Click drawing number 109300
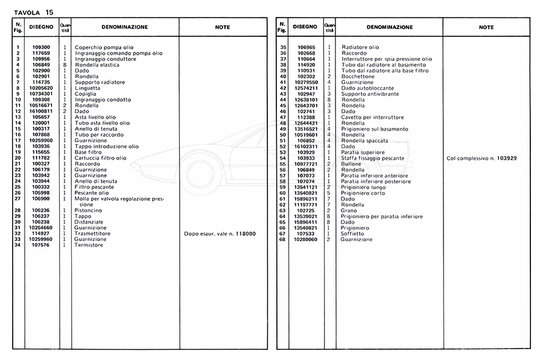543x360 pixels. pos(42,48)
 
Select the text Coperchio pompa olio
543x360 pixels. pos(104,48)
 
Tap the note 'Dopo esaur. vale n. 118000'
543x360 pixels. pos(219,233)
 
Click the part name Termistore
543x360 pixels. pos(89,245)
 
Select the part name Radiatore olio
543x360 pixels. pos(360,48)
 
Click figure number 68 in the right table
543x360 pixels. pos(282,239)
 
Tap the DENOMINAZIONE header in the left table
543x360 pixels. pos(124,27)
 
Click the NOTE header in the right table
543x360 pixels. pos(486,27)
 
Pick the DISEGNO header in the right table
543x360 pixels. pos(305,27)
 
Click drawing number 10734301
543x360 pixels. pos(41,94)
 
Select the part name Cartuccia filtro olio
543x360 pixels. pos(101,158)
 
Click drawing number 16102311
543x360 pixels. pos(306,147)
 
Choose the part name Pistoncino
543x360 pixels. pos(88,210)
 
